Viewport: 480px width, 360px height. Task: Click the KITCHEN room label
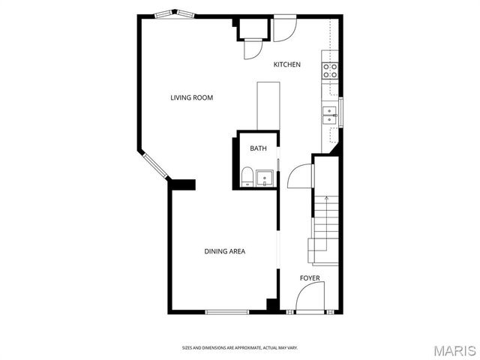tap(286, 64)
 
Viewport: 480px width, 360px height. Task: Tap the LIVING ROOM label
tap(192, 97)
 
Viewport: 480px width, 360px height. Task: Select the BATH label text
tap(258, 148)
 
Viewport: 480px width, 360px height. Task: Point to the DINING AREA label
tap(225, 251)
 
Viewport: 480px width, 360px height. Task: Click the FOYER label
tap(310, 278)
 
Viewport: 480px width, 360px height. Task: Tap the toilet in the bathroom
tap(247, 178)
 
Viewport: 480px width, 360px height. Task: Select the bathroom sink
tap(263, 178)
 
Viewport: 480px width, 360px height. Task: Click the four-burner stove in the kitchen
tap(329, 70)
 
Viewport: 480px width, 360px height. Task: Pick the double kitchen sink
tap(329, 115)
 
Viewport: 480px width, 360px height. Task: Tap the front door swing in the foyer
tap(309, 301)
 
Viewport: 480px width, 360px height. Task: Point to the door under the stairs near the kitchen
tap(299, 177)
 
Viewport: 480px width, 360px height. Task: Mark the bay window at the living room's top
tap(174, 13)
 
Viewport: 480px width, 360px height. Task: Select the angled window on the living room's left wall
tap(155, 166)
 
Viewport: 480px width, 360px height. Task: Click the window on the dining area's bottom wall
tap(226, 312)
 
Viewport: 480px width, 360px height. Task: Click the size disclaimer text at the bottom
tap(240, 347)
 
